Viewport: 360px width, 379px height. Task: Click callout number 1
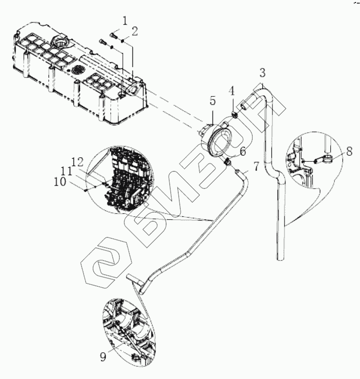tap(124, 21)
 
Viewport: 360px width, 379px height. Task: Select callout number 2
tap(135, 31)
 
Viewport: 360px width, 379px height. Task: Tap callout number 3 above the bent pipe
tap(262, 73)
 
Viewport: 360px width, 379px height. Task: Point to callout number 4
tap(232, 92)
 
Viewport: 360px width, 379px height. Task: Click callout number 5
tap(212, 101)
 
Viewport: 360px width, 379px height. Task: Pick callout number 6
tap(243, 151)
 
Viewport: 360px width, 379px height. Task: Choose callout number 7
tap(256, 166)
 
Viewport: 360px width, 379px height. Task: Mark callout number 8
tap(349, 151)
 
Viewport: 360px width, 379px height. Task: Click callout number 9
tap(103, 357)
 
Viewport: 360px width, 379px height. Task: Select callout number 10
tap(60, 182)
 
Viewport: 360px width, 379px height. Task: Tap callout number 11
tap(66, 172)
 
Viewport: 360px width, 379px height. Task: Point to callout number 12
tap(77, 161)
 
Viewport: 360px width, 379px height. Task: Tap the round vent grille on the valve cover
tap(78, 70)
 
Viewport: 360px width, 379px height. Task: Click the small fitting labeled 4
tap(234, 113)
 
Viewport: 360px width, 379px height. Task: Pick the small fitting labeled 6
tap(227, 162)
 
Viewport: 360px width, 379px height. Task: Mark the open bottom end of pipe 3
tap(280, 258)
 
